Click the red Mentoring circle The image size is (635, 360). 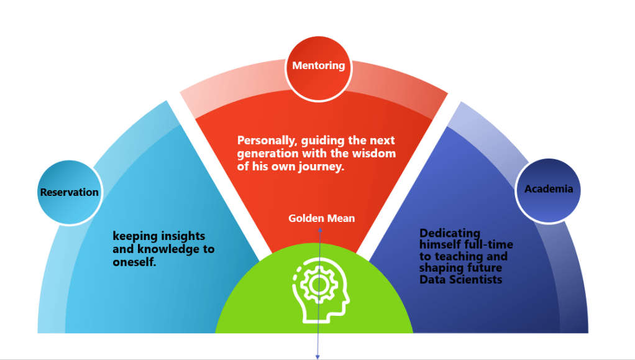[x=318, y=67]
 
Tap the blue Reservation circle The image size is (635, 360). [x=69, y=192]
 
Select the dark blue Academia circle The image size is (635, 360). [x=548, y=189]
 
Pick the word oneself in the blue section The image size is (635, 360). [x=133, y=262]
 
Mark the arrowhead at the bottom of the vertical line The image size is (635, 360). [x=318, y=357]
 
